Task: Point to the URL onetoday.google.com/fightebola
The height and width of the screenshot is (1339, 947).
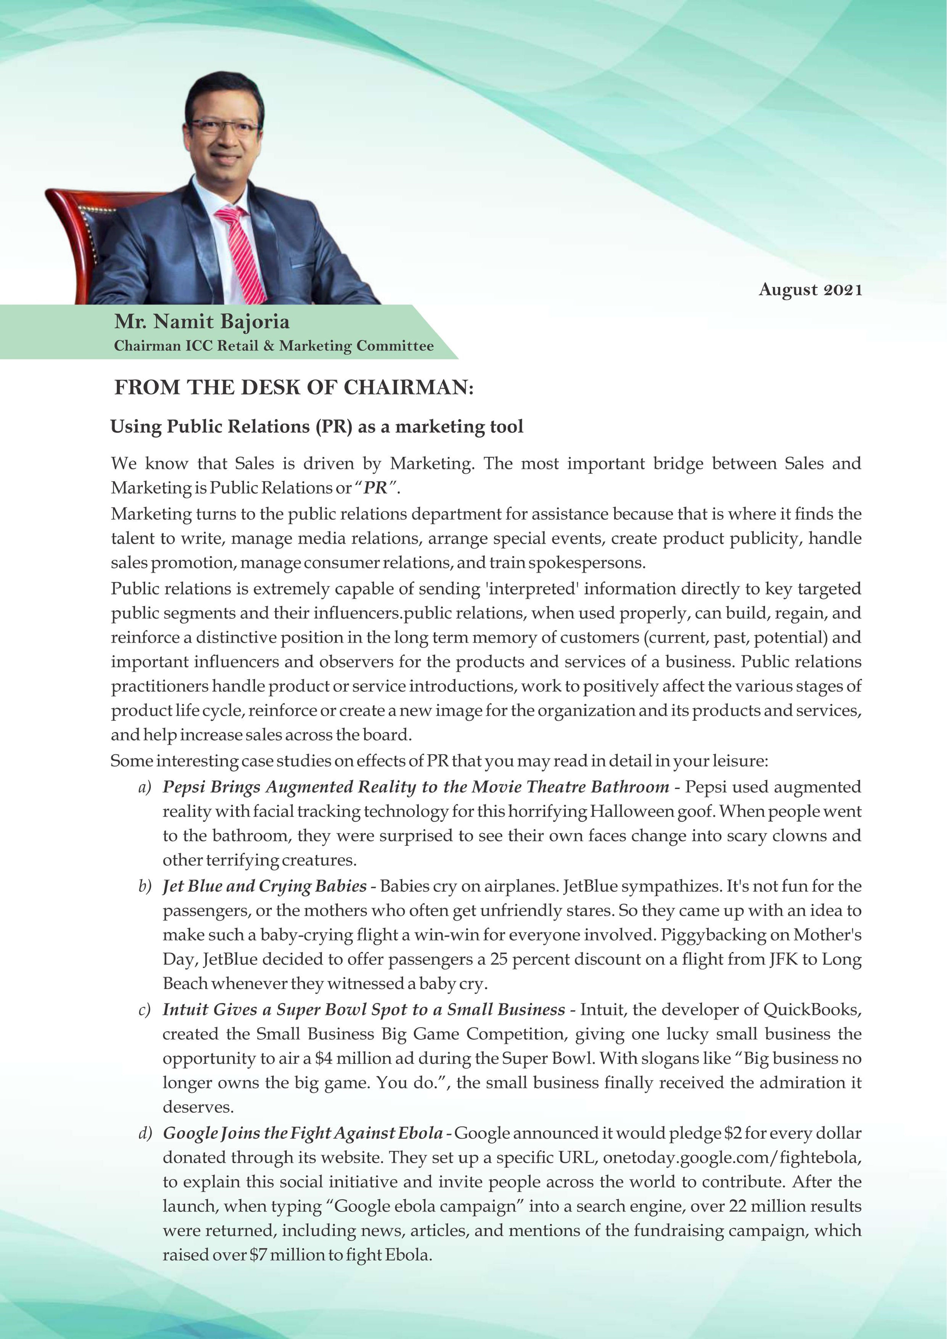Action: pyautogui.click(x=732, y=1158)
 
